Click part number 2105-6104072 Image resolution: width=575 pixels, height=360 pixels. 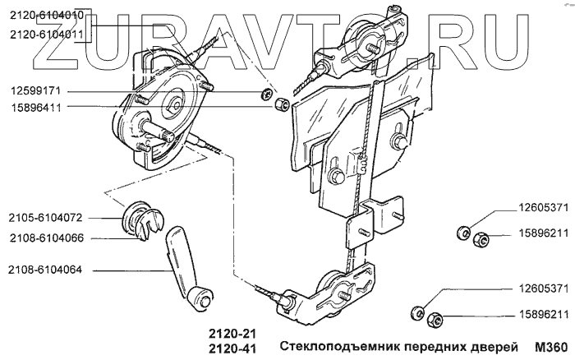click(48, 218)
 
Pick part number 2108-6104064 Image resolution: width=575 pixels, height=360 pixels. click(48, 269)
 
